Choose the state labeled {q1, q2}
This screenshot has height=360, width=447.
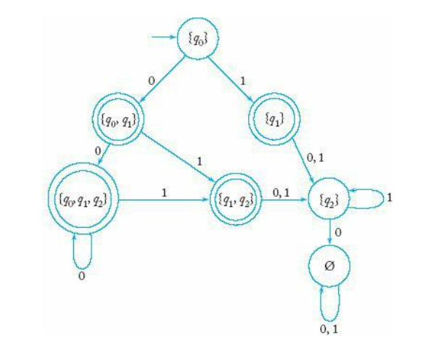point(234,197)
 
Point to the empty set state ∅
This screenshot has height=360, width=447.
point(332,266)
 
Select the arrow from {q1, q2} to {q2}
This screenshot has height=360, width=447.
point(284,197)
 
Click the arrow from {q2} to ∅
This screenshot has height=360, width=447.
point(332,232)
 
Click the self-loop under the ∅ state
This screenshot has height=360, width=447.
point(332,305)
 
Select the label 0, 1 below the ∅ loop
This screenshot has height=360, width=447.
point(332,328)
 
